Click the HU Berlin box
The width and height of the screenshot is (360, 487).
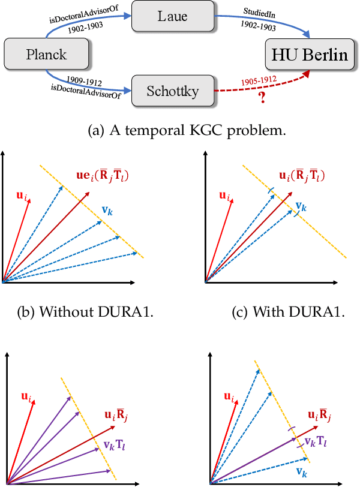pyautogui.click(x=308, y=55)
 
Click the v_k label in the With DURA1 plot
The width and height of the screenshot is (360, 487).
pyautogui.click(x=301, y=207)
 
